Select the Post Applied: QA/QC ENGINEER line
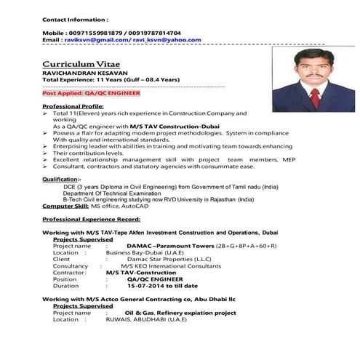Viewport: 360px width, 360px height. click(91, 94)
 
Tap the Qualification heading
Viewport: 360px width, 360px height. click(61, 178)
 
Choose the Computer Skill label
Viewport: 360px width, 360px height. click(68, 207)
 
